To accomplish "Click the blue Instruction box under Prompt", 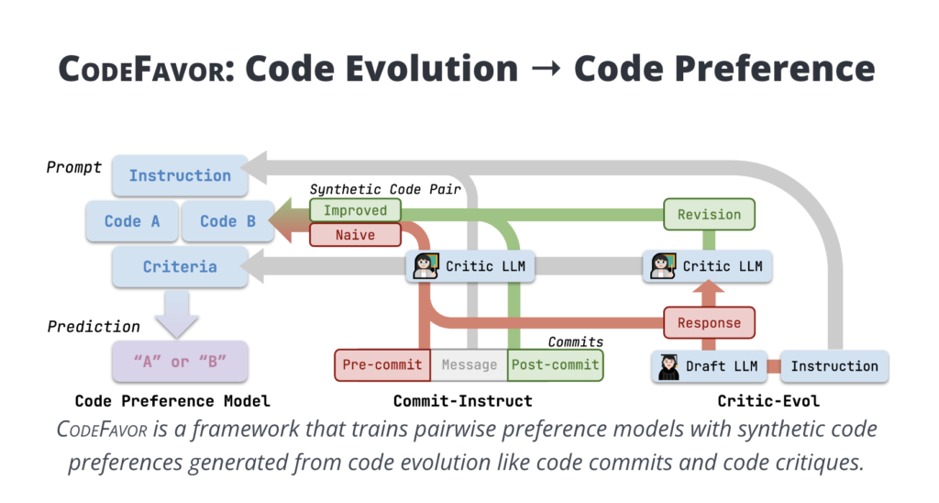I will tap(180, 175).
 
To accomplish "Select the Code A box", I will tap(132, 221).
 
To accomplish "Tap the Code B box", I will tap(227, 221).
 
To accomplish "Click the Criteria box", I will tap(180, 267).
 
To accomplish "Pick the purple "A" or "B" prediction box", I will tap(180, 361).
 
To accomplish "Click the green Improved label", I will tap(355, 211).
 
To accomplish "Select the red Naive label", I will tap(355, 235).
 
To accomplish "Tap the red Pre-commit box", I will tap(382, 364).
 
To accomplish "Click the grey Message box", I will tap(469, 364).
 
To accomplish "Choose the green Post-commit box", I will tap(555, 364).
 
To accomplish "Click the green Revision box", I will tap(709, 215).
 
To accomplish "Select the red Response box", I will tap(709, 323).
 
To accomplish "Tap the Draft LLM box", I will tap(709, 366).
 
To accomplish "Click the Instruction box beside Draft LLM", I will tap(834, 366).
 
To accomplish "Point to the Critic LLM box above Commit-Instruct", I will tap(471, 267).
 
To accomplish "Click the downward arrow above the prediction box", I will tap(180, 313).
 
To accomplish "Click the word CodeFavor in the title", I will tap(144, 70).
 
